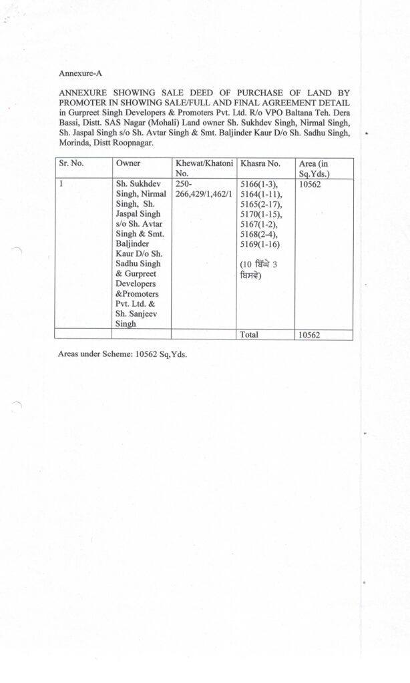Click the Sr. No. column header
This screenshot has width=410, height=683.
coord(71,163)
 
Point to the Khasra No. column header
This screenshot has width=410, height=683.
coord(260,163)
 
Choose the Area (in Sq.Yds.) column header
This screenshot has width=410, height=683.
coord(316,168)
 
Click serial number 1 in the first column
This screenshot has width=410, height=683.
coord(61,183)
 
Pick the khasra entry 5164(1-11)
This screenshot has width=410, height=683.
coord(260,194)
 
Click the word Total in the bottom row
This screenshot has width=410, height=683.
coord(249,335)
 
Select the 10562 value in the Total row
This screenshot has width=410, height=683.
coord(309,335)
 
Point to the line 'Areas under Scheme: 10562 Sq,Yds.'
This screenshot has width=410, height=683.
coord(123,354)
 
